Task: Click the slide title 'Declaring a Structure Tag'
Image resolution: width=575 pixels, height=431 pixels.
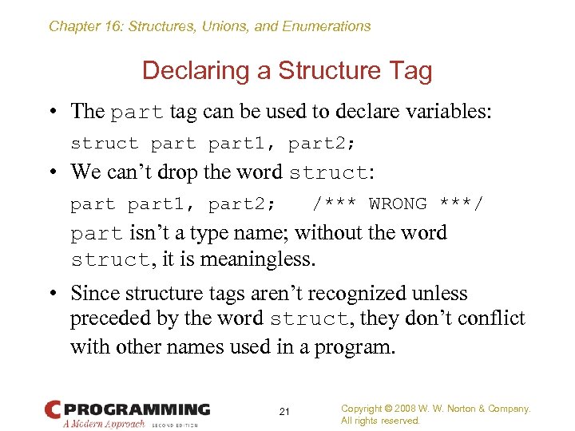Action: [x=287, y=71]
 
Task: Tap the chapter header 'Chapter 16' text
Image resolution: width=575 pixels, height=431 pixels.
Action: [x=83, y=26]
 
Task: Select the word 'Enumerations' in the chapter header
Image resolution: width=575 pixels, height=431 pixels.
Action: [x=327, y=26]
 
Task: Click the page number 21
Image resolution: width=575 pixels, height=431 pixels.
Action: [x=284, y=412]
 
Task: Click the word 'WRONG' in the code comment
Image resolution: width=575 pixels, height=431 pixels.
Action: [x=398, y=204]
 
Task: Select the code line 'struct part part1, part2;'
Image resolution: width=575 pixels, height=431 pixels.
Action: [x=213, y=144]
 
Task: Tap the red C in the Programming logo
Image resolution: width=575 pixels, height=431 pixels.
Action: [x=53, y=409]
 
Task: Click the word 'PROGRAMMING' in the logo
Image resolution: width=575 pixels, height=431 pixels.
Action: [x=137, y=409]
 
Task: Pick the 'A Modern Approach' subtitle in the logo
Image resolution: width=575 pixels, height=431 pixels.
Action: [x=105, y=424]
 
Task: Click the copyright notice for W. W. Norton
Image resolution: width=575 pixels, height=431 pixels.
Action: [x=435, y=409]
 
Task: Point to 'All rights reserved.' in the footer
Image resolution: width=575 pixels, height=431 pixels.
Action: [x=380, y=421]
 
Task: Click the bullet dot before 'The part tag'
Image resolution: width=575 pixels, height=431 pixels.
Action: [x=52, y=111]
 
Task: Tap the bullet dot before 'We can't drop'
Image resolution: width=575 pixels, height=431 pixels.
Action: [x=52, y=172]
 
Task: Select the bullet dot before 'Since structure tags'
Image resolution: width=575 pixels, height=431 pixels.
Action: [x=52, y=294]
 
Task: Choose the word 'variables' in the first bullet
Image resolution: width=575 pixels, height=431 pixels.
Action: [x=444, y=111]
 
